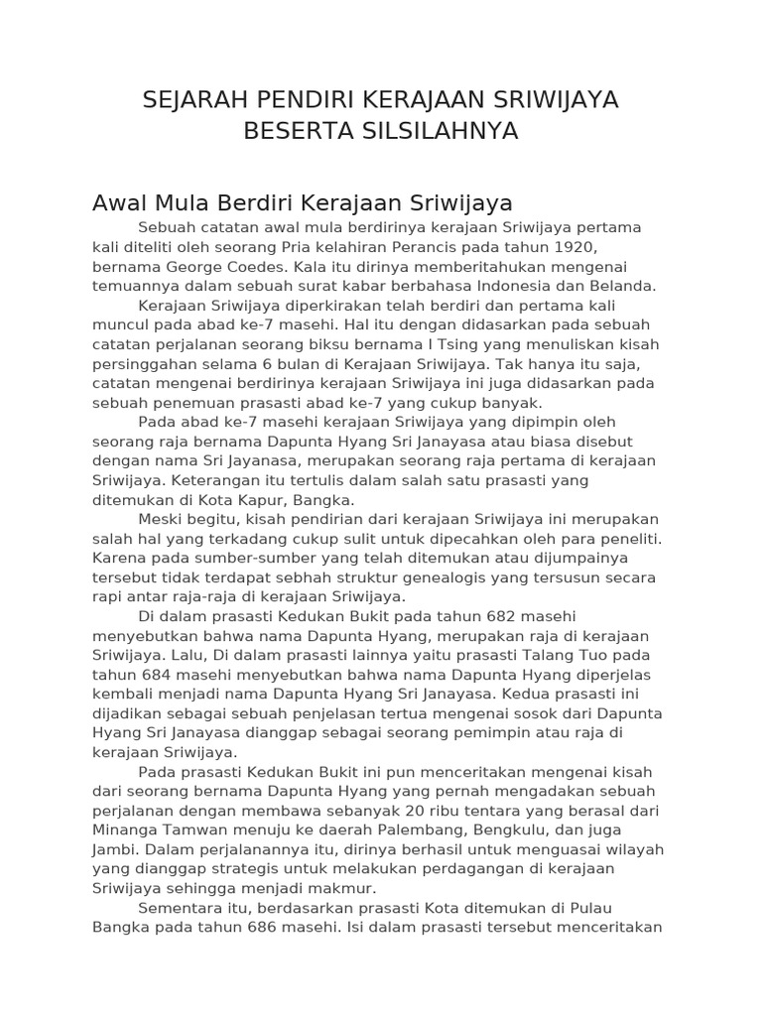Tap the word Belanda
(624, 286)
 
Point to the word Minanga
(127, 830)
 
